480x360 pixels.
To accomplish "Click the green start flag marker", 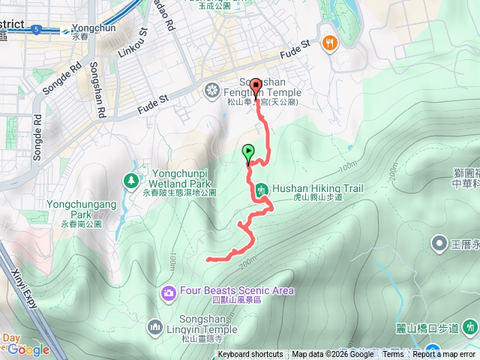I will (x=248, y=153).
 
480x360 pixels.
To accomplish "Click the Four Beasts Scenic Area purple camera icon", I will (x=168, y=291).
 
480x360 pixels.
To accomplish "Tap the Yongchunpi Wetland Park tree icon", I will (x=132, y=180).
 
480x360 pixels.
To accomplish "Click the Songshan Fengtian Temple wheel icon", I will (x=211, y=91).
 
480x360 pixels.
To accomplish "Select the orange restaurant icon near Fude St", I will (x=328, y=43).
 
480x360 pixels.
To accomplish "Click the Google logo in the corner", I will (x=28, y=349).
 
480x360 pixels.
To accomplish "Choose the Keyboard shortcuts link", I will (x=250, y=355).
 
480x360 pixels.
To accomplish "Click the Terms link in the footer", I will (x=393, y=355).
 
